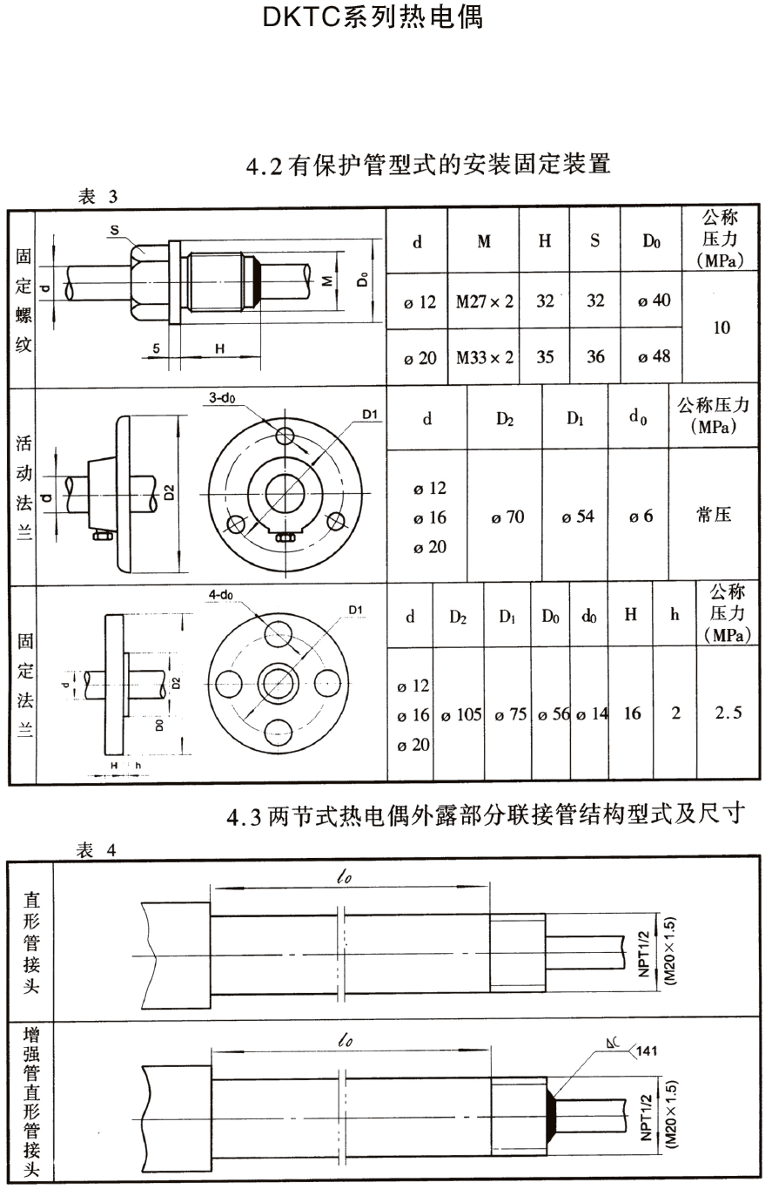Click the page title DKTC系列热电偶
[373, 17]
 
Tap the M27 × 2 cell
[484, 302]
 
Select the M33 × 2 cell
[484, 357]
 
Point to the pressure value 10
[721, 328]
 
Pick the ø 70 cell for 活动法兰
[507, 517]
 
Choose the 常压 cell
[714, 515]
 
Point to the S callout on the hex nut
[114, 230]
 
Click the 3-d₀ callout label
[220, 398]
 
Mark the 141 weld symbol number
[648, 1051]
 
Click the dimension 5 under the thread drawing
[156, 348]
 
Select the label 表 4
[97, 850]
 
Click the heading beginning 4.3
[486, 815]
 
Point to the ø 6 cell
[641, 517]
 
